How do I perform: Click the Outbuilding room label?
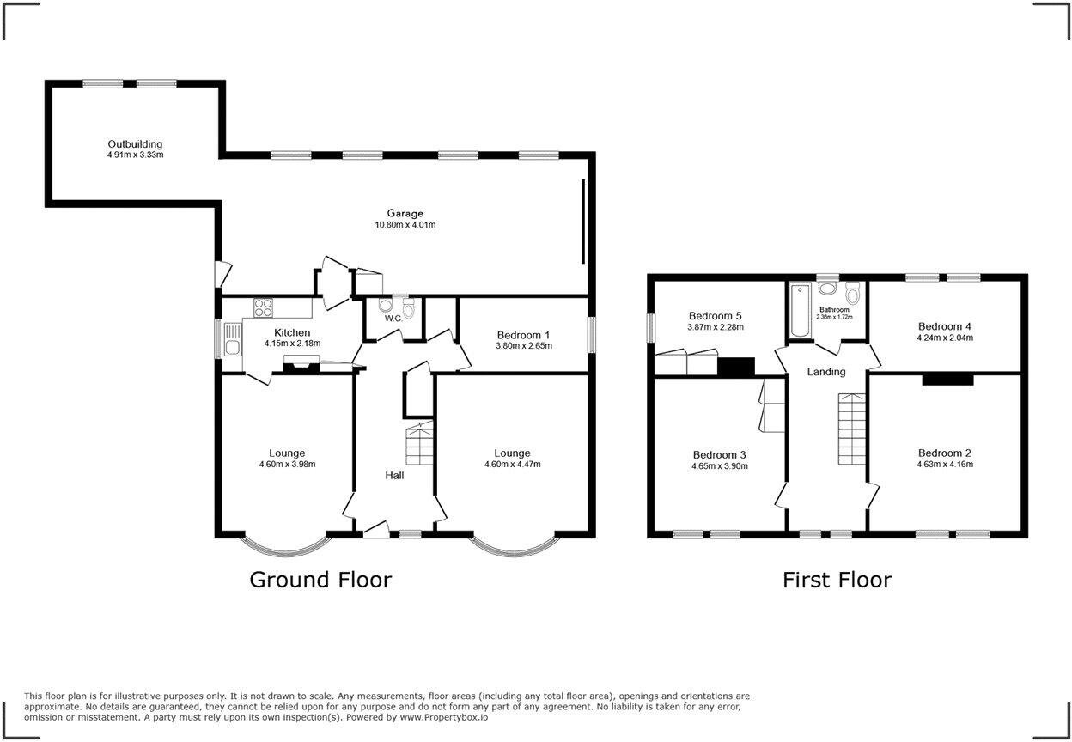click(x=135, y=144)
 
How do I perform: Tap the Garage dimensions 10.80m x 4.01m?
click(x=405, y=225)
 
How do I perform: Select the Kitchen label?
click(x=292, y=333)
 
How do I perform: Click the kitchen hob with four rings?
click(x=263, y=307)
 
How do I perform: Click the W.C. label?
click(x=393, y=319)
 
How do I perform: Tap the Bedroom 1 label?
click(x=524, y=335)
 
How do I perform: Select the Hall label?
click(x=394, y=475)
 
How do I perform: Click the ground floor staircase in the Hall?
click(x=420, y=446)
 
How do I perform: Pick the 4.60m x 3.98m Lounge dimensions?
click(x=287, y=465)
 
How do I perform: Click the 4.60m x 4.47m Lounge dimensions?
click(x=512, y=465)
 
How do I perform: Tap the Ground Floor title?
click(x=320, y=580)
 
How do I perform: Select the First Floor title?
click(x=837, y=580)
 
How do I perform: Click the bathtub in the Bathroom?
click(x=798, y=310)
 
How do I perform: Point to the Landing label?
click(x=826, y=372)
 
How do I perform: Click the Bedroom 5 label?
click(x=714, y=316)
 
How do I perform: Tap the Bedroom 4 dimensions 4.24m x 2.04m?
click(x=945, y=338)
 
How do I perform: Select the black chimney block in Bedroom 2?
click(x=948, y=379)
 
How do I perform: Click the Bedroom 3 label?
click(x=720, y=455)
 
